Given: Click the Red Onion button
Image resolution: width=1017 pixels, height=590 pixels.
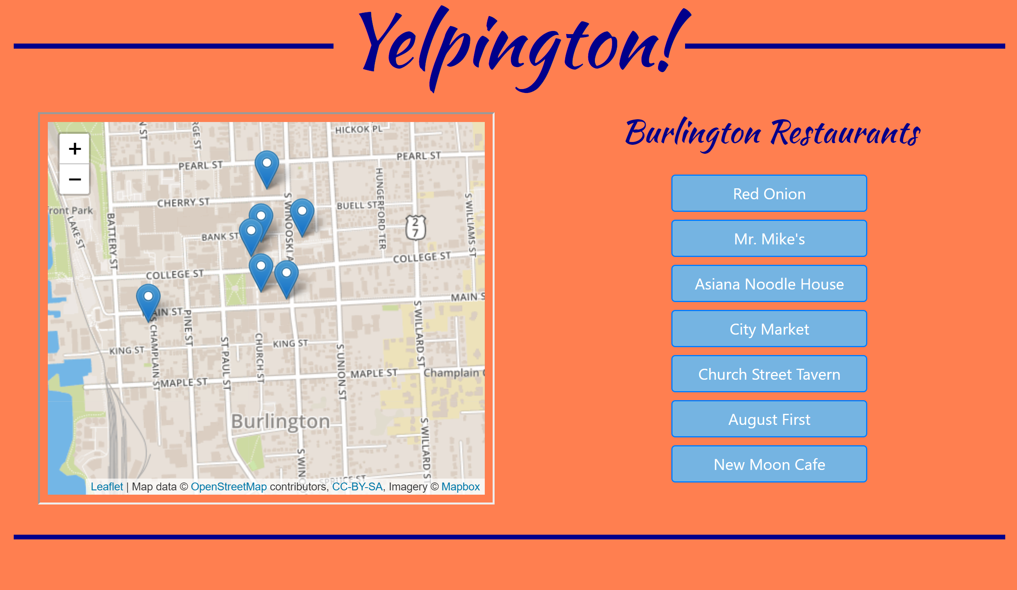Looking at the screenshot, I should (x=769, y=193).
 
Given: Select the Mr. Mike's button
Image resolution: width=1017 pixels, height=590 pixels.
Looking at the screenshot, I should (x=769, y=239).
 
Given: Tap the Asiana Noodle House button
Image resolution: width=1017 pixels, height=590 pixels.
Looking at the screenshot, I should (x=769, y=284).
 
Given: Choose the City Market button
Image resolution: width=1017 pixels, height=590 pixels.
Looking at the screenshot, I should (x=769, y=329).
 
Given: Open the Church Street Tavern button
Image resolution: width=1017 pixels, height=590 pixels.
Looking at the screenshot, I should (x=769, y=374).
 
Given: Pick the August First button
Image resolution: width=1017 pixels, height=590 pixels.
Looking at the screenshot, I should (x=769, y=419).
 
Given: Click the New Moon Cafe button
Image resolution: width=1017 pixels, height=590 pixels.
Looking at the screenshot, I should (x=769, y=464).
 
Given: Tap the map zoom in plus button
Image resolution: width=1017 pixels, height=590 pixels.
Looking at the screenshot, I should (x=75, y=149).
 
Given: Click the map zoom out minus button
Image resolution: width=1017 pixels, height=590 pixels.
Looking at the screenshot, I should (x=75, y=179).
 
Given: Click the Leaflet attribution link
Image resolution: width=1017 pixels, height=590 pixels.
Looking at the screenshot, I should (x=107, y=486).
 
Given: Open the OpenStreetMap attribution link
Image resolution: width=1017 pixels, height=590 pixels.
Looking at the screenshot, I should (x=228, y=486).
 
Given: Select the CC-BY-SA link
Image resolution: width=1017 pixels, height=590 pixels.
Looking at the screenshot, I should (x=357, y=486).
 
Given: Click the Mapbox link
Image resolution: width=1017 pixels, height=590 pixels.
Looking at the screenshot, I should (x=460, y=486).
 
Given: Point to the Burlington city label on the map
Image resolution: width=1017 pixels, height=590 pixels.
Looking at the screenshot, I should (x=281, y=422).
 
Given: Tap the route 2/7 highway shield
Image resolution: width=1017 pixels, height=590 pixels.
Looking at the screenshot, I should (x=415, y=228).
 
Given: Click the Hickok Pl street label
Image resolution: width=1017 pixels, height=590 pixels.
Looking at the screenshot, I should (x=358, y=129).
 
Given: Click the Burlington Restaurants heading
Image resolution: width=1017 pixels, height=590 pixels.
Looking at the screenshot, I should (x=772, y=133).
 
